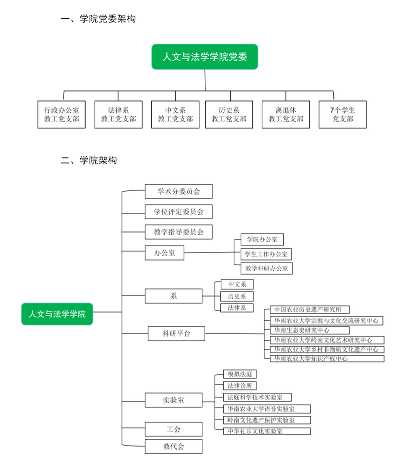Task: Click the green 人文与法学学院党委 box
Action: [205, 56]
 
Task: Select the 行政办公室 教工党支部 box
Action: [62, 114]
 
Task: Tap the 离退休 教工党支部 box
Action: [285, 114]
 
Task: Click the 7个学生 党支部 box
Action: [342, 114]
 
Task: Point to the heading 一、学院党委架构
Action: [98, 19]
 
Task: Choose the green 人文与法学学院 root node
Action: [57, 314]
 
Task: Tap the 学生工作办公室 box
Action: [265, 254]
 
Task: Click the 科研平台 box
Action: [176, 333]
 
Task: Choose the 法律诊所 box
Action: [240, 385]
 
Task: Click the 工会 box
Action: [174, 429]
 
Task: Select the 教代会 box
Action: [174, 446]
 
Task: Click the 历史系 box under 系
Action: [237, 296]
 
